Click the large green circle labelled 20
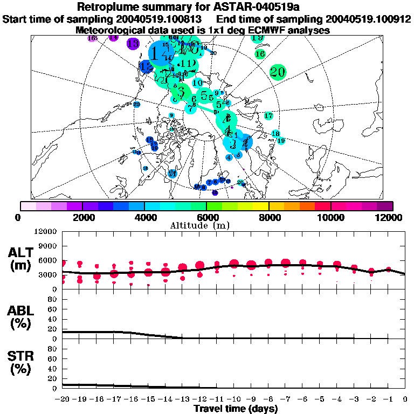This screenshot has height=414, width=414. coord(278,72)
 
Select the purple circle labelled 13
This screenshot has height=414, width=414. coord(133,44)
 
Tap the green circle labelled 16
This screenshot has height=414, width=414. coord(260,54)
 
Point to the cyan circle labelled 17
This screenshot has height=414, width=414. coord(268,116)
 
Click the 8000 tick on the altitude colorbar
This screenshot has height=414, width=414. coord(268,217)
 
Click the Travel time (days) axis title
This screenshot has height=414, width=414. coord(236,409)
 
